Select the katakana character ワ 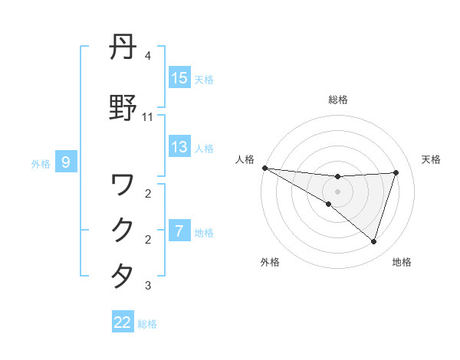tap(123, 184)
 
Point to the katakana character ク tap(123, 230)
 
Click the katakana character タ tap(123, 276)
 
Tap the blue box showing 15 tap(179, 77)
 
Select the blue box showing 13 tap(179, 146)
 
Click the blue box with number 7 tap(179, 231)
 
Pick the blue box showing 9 tap(67, 162)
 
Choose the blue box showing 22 tap(123, 322)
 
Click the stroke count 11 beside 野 tap(147, 116)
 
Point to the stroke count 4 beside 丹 tap(147, 56)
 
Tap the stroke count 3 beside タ tap(147, 286)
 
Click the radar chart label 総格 tap(338, 100)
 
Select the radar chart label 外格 tap(270, 262)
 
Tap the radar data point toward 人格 tap(264, 168)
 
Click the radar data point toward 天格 tap(396, 172)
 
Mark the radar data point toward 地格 tap(374, 241)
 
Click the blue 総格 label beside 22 tap(147, 324)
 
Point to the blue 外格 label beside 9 tap(41, 163)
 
